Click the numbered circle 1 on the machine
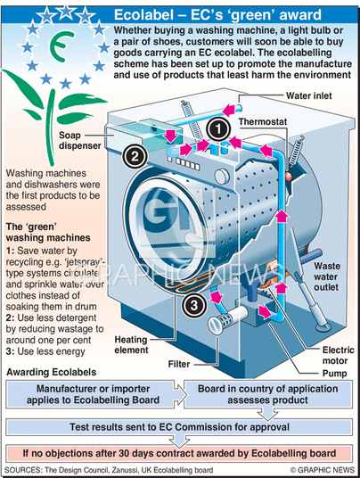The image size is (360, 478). [218, 129]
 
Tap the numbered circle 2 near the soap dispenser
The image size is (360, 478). [135, 156]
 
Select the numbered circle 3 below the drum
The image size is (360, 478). [194, 305]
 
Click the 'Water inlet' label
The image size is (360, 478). [308, 95]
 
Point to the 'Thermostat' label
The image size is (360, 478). [263, 121]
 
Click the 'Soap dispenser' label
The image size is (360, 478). [80, 140]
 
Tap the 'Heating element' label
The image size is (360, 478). [131, 344]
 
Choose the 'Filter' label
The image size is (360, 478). [179, 364]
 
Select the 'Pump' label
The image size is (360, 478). [334, 374]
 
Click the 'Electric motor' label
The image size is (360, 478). [338, 355]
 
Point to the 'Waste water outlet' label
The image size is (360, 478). [327, 276]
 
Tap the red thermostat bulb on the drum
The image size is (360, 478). [288, 176]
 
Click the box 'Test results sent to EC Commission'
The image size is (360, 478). [179, 427]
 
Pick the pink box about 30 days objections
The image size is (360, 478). [179, 453]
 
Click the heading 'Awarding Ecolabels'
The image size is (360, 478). [51, 372]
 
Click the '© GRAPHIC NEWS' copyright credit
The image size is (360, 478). [323, 470]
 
